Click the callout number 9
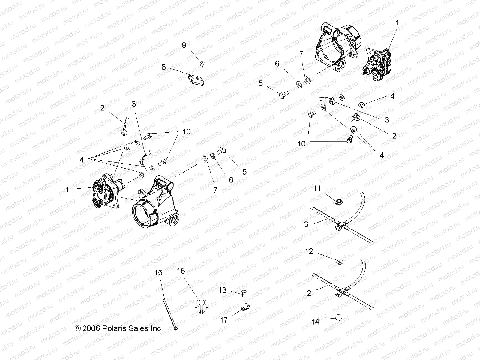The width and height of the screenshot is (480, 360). (x=184, y=45)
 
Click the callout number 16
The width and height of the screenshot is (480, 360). (x=181, y=271)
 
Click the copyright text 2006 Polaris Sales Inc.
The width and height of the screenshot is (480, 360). (x=119, y=328)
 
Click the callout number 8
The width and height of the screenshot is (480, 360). (x=163, y=67)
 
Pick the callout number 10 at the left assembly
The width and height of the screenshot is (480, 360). (x=186, y=132)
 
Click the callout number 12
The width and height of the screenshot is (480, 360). (x=309, y=251)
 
